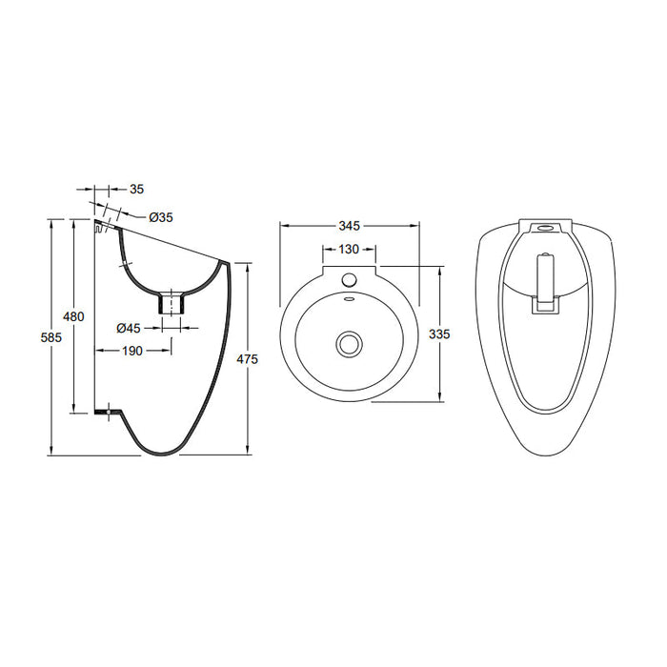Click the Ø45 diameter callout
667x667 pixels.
(x=129, y=328)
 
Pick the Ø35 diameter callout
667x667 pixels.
(x=161, y=217)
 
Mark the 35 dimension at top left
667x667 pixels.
(x=136, y=189)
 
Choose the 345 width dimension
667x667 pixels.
(x=349, y=226)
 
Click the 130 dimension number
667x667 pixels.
(x=349, y=250)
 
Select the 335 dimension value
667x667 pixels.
(x=439, y=334)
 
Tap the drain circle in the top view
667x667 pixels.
(x=350, y=342)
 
